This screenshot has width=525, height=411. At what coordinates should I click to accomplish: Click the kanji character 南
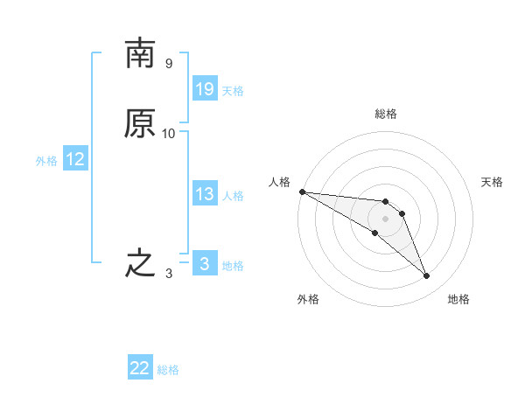click(x=140, y=53)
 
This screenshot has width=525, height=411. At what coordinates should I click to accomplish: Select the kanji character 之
click(x=140, y=263)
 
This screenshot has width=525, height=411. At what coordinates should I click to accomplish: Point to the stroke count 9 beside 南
click(x=169, y=64)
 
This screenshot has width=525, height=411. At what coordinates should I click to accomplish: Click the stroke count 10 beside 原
click(x=169, y=134)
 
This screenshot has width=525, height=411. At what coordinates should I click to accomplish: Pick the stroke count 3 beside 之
click(x=169, y=274)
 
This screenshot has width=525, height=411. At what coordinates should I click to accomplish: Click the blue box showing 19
click(x=204, y=89)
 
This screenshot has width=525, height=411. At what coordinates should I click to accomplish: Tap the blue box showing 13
click(x=204, y=194)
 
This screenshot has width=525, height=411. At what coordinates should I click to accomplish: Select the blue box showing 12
click(x=74, y=159)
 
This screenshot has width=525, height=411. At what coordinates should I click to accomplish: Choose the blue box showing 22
click(x=140, y=368)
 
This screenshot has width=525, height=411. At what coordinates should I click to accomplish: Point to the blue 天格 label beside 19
click(x=233, y=91)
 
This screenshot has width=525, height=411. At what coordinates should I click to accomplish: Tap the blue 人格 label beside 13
click(x=233, y=196)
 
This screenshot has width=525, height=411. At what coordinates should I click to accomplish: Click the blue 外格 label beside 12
click(x=46, y=161)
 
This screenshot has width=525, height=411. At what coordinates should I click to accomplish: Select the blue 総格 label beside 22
click(x=168, y=370)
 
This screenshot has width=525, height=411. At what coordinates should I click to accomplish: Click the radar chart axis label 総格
click(x=386, y=114)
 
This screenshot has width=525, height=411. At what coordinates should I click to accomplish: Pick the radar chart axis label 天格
click(x=493, y=182)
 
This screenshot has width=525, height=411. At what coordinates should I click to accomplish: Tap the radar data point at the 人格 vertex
click(x=302, y=192)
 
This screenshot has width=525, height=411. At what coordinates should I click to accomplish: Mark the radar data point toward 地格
click(x=427, y=276)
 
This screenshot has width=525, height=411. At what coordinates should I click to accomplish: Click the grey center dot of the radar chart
click(x=386, y=219)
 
